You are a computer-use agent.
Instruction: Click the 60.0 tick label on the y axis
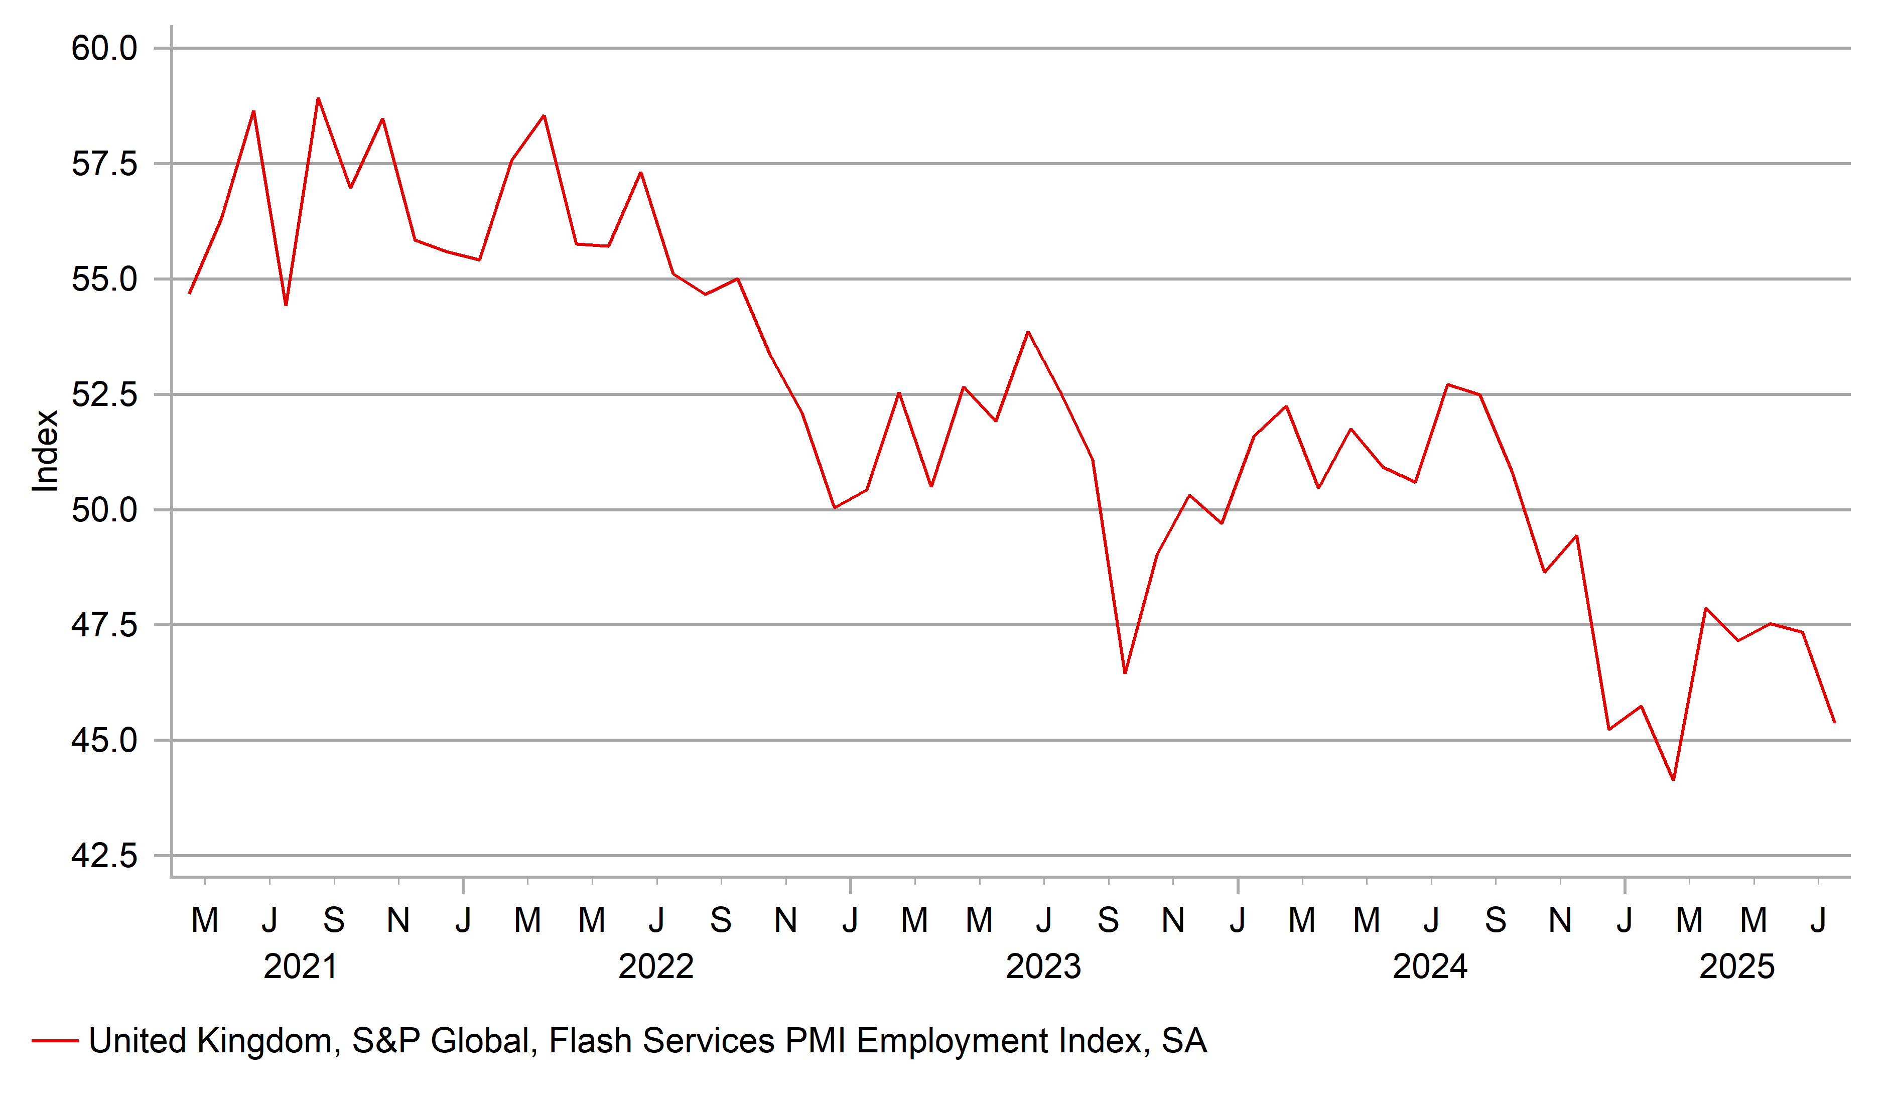[x=104, y=49]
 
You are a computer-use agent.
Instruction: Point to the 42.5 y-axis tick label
[x=104, y=856]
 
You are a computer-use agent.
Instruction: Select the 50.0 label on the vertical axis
[x=104, y=510]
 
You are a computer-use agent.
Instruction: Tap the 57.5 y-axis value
[x=104, y=164]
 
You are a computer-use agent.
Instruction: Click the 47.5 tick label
[x=104, y=625]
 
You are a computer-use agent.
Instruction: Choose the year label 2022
[x=656, y=967]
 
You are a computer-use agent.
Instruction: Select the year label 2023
[x=1043, y=967]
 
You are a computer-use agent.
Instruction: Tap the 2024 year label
[x=1430, y=967]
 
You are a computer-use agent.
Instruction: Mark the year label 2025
[x=1736, y=967]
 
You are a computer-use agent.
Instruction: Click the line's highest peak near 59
[x=318, y=99]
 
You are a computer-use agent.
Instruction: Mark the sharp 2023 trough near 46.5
[x=1125, y=672]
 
